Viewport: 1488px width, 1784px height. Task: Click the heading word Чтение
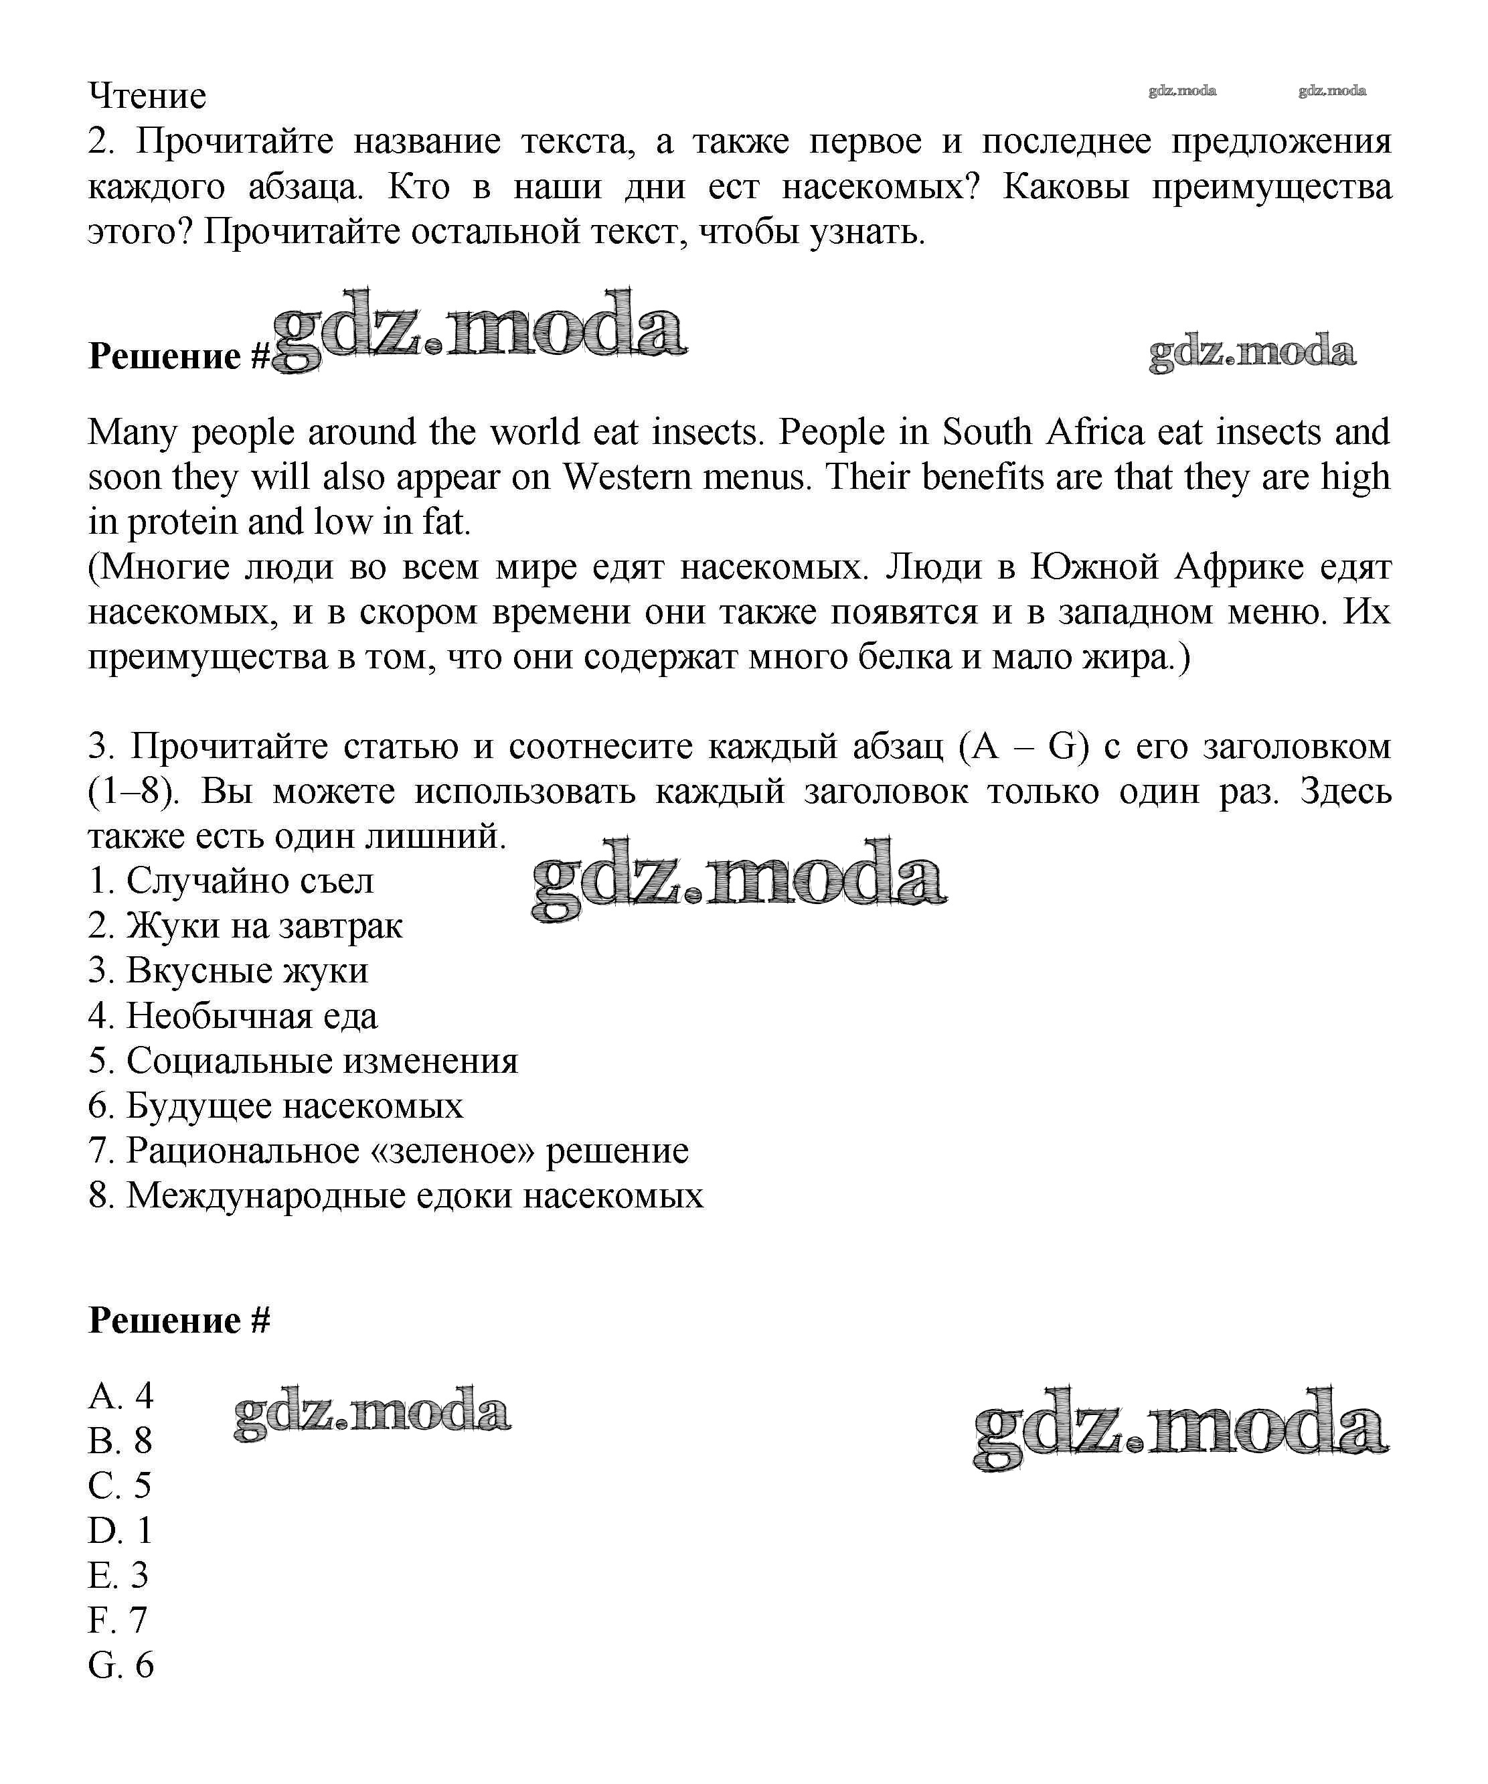pyautogui.click(x=147, y=96)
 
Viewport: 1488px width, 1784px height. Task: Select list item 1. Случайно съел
pyautogui.click(x=231, y=881)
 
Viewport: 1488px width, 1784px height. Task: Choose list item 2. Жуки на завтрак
pyautogui.click(x=246, y=926)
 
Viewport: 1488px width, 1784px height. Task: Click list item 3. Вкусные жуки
pyautogui.click(x=228, y=971)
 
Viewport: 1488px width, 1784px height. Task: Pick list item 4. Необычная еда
pyautogui.click(x=233, y=1016)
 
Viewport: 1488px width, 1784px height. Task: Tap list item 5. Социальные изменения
pyautogui.click(x=303, y=1061)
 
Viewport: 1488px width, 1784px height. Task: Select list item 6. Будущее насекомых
pyautogui.click(x=276, y=1106)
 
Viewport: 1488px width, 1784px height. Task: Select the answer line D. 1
pyautogui.click(x=120, y=1531)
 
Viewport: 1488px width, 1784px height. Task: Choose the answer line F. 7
pyautogui.click(x=118, y=1621)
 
